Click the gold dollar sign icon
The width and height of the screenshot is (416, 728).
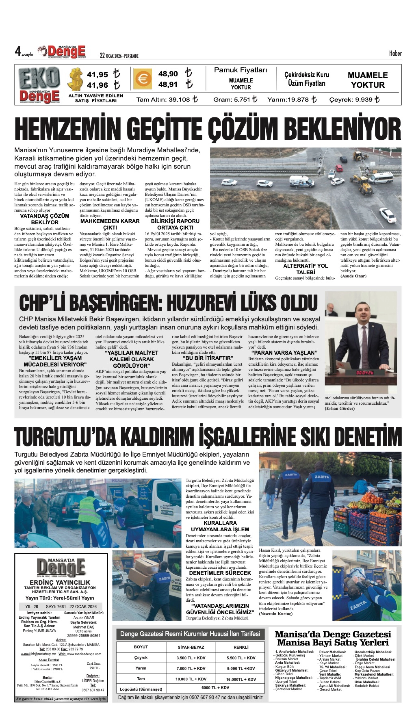point(75,79)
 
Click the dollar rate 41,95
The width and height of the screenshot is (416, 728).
point(97,75)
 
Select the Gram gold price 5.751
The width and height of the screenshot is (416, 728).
point(235,99)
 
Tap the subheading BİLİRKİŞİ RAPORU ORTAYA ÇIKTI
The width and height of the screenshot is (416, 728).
point(175,224)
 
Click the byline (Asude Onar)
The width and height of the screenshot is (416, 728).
point(353,276)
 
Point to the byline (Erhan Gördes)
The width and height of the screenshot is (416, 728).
point(339,409)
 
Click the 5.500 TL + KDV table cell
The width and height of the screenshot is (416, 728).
point(241,658)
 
